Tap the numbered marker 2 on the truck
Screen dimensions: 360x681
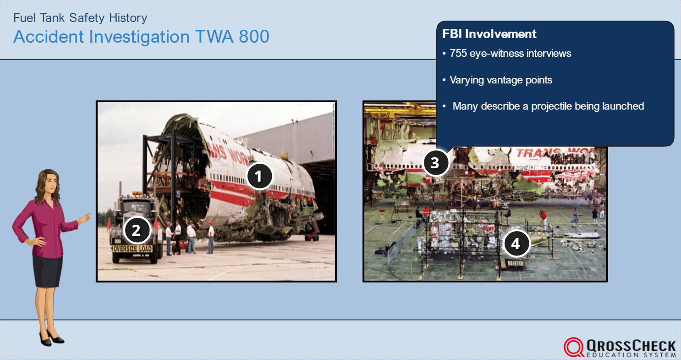coord(136,230)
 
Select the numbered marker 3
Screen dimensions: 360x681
coord(435,163)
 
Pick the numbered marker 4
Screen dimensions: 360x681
coord(516,244)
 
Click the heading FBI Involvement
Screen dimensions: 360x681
coord(489,34)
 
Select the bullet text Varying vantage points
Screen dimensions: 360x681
coord(500,80)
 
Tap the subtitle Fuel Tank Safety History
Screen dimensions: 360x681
coord(80,18)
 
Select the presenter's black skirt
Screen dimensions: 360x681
coord(47,271)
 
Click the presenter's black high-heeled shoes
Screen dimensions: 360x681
coord(51,339)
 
